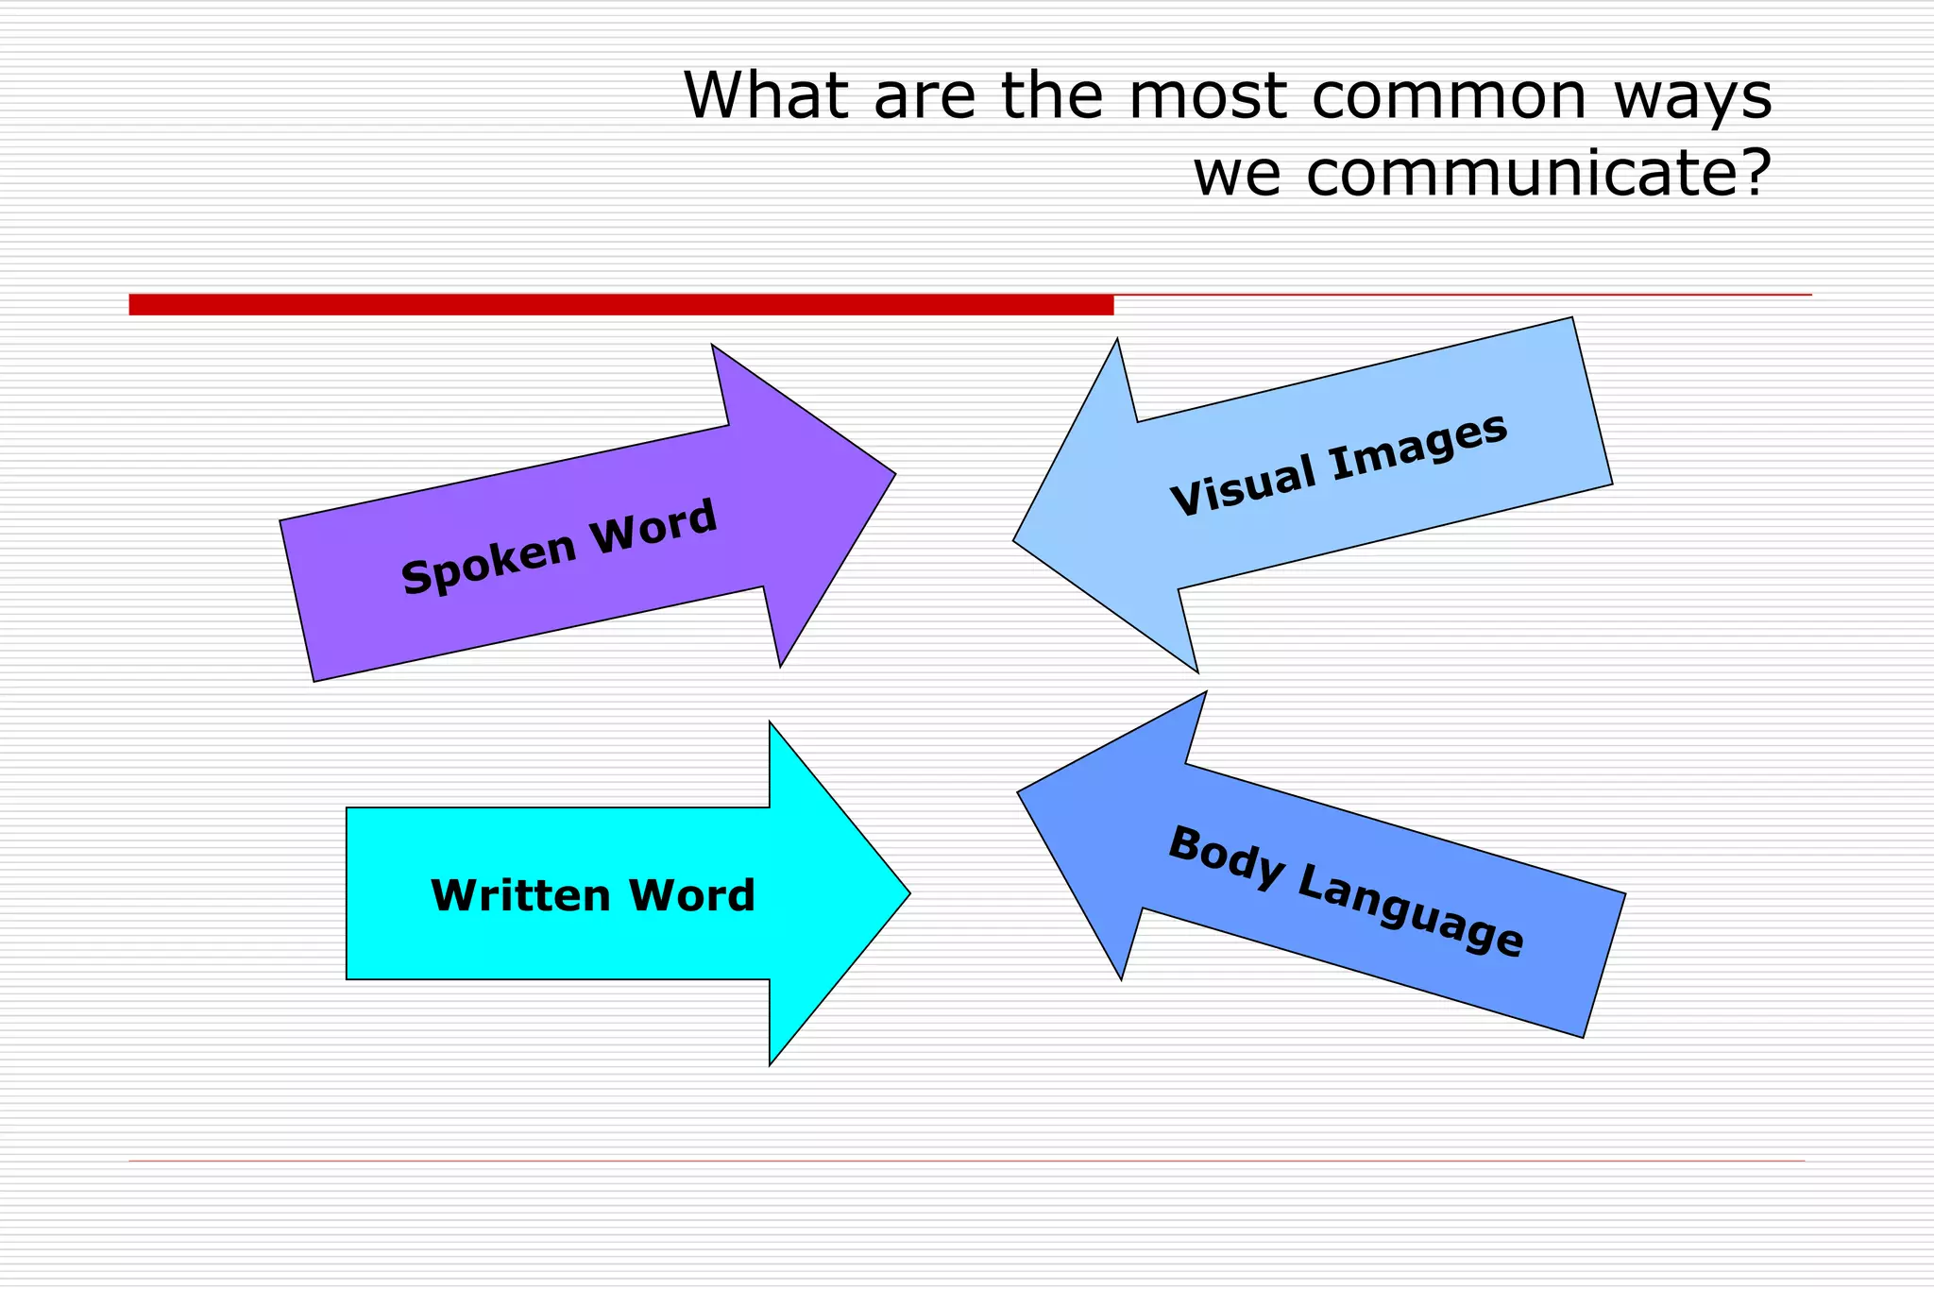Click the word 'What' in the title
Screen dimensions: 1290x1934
[x=765, y=96]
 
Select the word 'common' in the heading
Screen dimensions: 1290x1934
[x=1449, y=96]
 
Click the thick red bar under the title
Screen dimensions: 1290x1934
[x=620, y=304]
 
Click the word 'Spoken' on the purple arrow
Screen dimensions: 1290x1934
[x=488, y=564]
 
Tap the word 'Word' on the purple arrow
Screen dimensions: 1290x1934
[x=653, y=525]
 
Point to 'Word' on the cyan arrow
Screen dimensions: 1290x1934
[x=692, y=895]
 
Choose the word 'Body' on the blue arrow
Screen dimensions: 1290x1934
[x=1226, y=857]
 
